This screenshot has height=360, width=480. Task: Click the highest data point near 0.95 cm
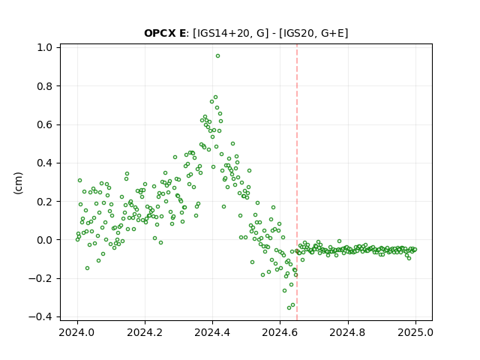point(217,56)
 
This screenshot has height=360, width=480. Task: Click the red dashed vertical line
point(297,182)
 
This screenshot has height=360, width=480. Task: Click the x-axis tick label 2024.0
point(77,332)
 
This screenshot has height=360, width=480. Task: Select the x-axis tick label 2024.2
point(145,332)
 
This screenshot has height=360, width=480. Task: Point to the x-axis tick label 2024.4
point(212,332)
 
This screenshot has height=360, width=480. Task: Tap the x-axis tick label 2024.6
point(280,332)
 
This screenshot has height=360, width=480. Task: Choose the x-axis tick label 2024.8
point(348,332)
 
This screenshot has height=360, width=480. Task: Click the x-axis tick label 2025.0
point(415,332)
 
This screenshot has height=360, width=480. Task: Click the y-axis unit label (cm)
point(18,183)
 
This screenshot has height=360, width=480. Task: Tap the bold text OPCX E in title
point(165,33)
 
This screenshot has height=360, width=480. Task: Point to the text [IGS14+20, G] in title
point(230,33)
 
